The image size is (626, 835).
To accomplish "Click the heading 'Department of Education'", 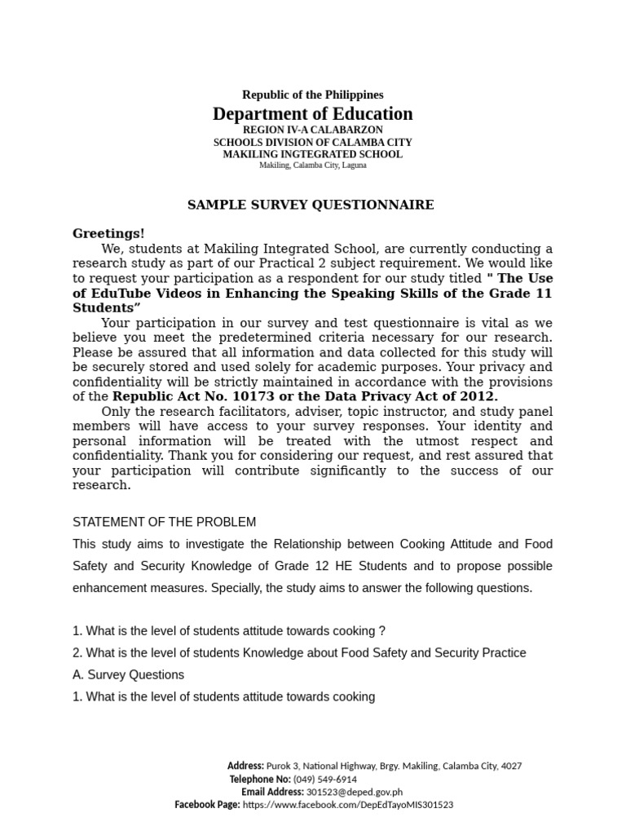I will pyautogui.click(x=312, y=114).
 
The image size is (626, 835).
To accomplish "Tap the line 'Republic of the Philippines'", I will pyautogui.click(x=312, y=95).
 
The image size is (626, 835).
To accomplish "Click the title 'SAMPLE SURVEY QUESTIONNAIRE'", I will pyautogui.click(x=311, y=205).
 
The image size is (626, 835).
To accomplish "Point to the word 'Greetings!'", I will pyautogui.click(x=108, y=234).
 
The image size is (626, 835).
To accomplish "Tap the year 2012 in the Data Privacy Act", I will pyautogui.click(x=477, y=396).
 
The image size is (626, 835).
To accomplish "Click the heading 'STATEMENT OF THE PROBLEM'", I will pyautogui.click(x=164, y=522).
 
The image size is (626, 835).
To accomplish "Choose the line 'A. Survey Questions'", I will pyautogui.click(x=128, y=674).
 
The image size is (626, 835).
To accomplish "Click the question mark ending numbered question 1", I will pyautogui.click(x=381, y=630).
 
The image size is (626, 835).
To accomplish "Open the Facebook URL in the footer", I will pyautogui.click(x=348, y=805).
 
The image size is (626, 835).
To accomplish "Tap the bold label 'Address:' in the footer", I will pyautogui.click(x=245, y=766).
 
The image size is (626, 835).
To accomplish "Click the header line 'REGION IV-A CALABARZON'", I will pyautogui.click(x=312, y=130).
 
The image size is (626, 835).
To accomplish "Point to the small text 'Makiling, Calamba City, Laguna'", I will pyautogui.click(x=312, y=165).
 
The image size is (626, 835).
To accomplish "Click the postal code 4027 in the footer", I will pyautogui.click(x=511, y=766).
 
